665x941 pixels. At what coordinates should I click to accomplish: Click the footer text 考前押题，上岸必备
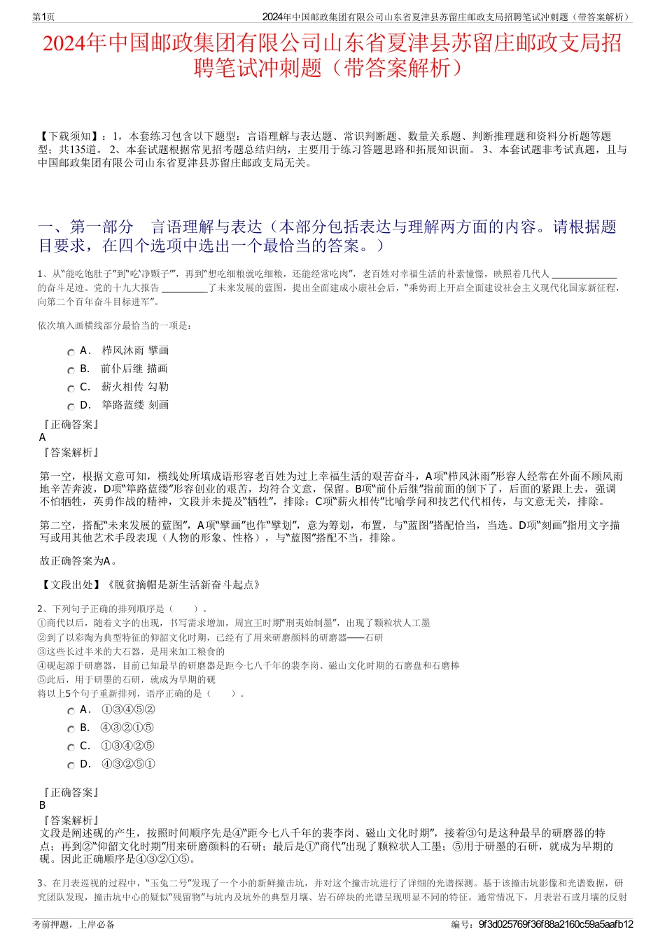click(73, 924)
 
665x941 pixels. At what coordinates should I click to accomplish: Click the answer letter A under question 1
click(43, 437)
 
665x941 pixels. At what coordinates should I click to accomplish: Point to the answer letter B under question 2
click(43, 805)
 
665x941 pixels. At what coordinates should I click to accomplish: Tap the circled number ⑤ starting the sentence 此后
click(41, 679)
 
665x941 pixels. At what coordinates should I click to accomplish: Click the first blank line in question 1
click(584, 275)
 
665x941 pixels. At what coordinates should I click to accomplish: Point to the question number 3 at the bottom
click(40, 883)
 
